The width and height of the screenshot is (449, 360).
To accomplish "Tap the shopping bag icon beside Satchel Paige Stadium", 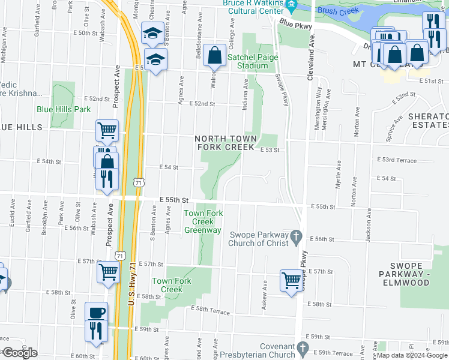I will tap(214, 56).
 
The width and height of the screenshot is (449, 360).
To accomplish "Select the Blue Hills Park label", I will tap(63, 109).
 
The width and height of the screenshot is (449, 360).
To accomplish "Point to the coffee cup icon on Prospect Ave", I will tap(97, 313).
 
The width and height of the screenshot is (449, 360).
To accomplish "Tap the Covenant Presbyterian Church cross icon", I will tap(302, 348).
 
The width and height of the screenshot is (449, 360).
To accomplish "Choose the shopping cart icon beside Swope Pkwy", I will tap(291, 280).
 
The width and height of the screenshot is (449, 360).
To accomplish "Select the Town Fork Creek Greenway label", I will tap(202, 221).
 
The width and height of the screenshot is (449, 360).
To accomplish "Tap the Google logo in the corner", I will tap(19, 353).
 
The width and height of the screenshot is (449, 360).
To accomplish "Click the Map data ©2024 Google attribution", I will tap(412, 356).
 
